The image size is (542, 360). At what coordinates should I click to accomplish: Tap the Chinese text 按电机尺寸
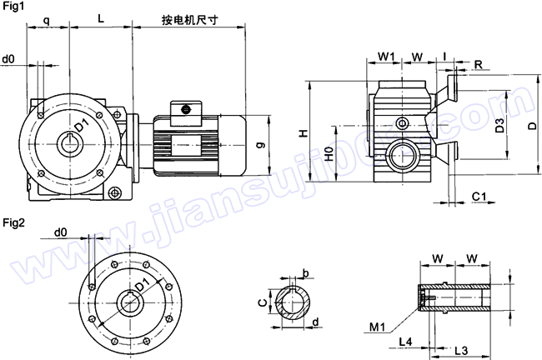pos(189,18)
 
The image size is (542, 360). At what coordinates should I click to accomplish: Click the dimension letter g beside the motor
pos(260,144)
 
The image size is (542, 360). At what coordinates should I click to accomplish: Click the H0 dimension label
pos(329,156)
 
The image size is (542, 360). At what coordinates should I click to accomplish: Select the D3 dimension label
pos(499,126)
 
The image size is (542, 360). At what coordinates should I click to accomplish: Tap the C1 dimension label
pos(479,196)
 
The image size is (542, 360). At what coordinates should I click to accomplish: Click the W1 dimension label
pos(385,56)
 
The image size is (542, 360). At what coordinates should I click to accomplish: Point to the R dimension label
pos(479,63)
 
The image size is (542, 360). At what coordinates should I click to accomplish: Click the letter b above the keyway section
pos(305,272)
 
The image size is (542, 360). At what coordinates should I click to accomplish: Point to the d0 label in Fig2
pos(60,231)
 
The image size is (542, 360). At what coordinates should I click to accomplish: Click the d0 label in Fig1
pos(8,59)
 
